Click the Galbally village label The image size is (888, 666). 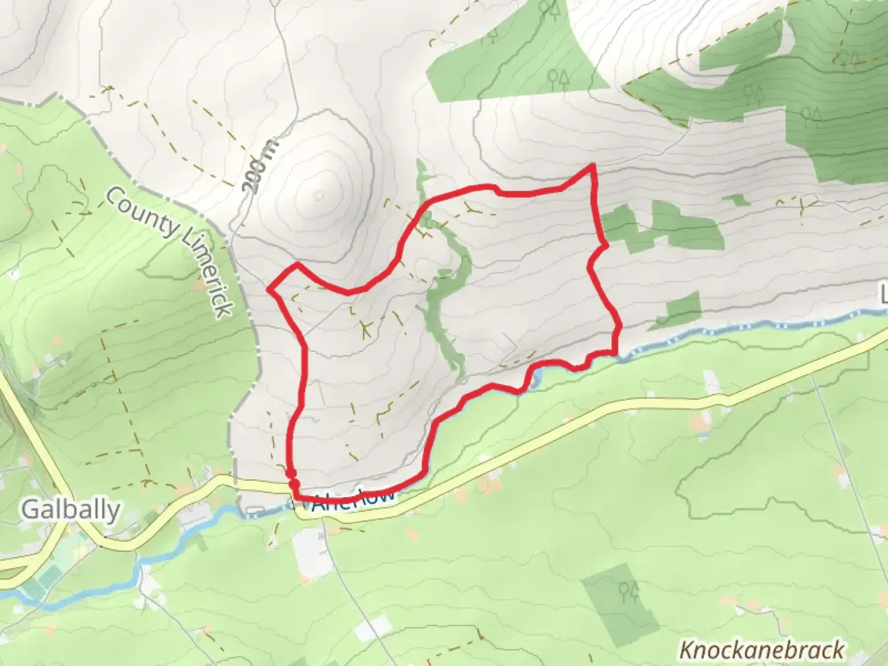click(70, 511)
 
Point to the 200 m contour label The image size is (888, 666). click(260, 166)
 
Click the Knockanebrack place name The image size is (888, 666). click(762, 650)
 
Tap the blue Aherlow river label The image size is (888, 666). click(353, 500)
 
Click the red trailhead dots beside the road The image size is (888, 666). click(292, 478)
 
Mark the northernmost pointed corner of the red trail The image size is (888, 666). click(593, 165)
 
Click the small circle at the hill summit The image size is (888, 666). click(318, 195)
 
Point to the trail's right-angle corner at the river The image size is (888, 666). click(615, 351)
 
